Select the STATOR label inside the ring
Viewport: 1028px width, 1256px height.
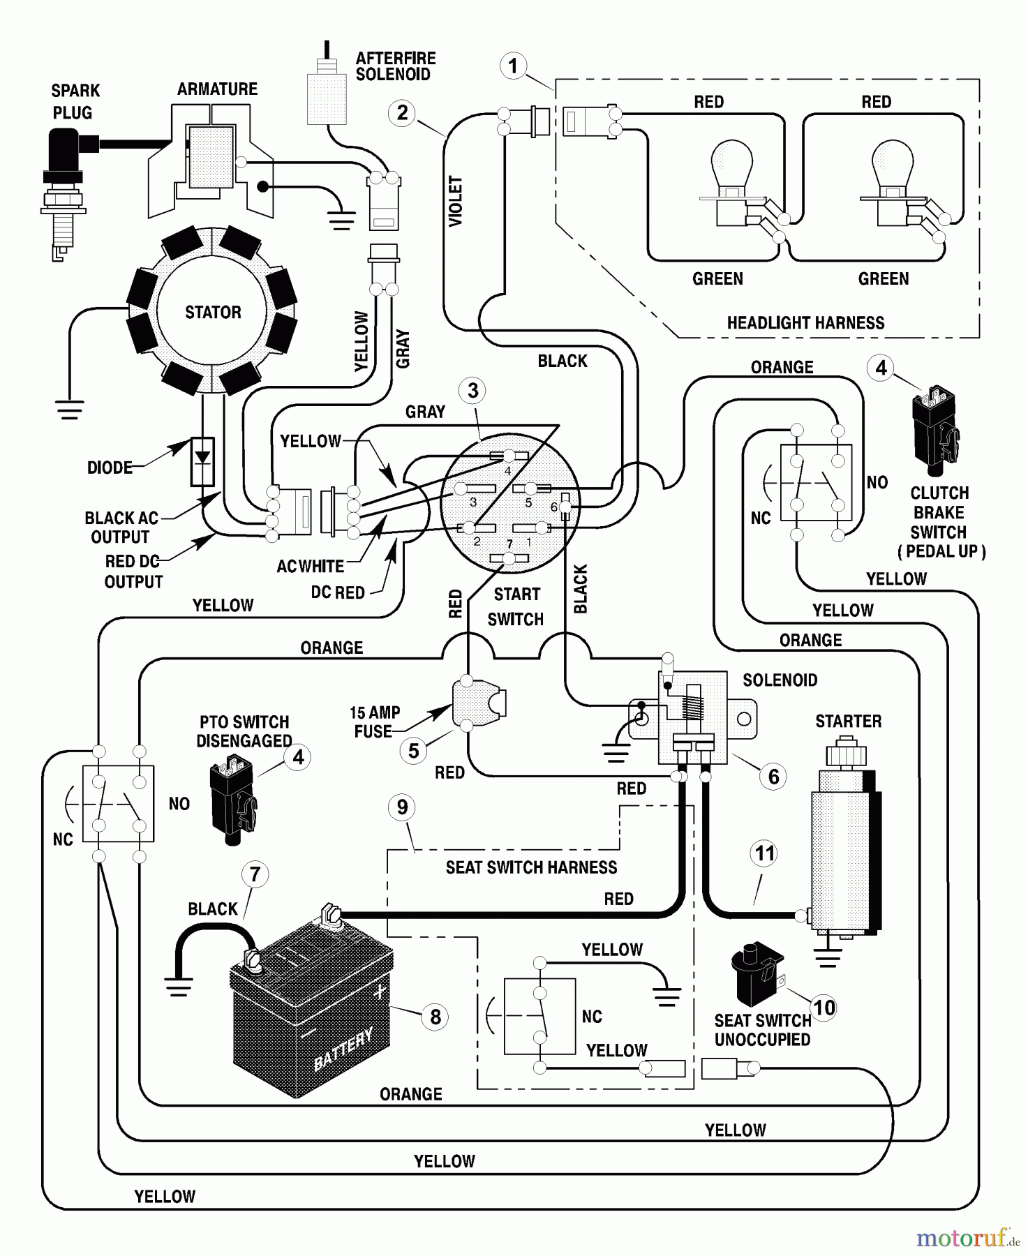pos(213,312)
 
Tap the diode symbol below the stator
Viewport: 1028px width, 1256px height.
pos(202,461)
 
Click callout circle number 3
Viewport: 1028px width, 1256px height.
pos(473,391)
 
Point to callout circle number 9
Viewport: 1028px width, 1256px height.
pos(402,807)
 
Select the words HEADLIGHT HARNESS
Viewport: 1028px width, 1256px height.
pos(805,323)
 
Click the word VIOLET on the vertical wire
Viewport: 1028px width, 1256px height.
pos(456,201)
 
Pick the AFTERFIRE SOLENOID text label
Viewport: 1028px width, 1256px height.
pos(395,66)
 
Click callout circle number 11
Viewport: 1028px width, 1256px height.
pos(765,853)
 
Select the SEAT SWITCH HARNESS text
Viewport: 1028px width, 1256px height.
pos(531,867)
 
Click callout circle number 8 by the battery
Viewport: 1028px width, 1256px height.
pos(435,1017)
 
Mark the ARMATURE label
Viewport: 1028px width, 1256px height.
pos(217,89)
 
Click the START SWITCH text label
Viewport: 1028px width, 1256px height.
pos(516,607)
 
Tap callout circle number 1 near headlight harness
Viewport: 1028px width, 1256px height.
pos(514,66)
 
